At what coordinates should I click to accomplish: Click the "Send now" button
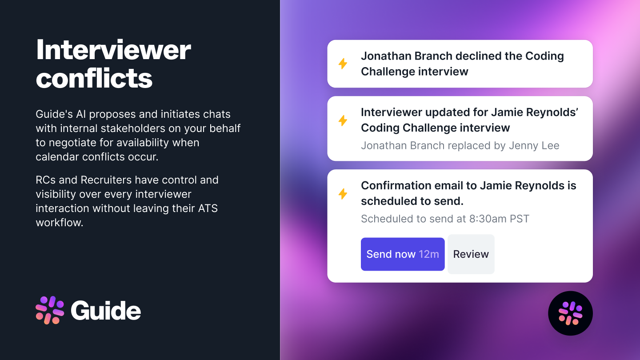[403, 254]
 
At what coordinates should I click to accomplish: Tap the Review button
[471, 254]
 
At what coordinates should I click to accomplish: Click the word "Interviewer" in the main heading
[113, 50]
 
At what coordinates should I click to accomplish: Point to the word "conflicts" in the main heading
[94, 78]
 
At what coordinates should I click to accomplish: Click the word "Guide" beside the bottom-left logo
[106, 311]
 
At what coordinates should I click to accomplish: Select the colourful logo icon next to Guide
[50, 310]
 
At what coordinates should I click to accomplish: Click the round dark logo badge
[570, 313]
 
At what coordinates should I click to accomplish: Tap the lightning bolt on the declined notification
[343, 64]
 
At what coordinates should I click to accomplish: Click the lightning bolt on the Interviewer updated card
[343, 120]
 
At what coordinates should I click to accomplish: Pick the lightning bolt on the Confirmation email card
[343, 194]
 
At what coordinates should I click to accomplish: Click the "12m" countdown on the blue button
[428, 254]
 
